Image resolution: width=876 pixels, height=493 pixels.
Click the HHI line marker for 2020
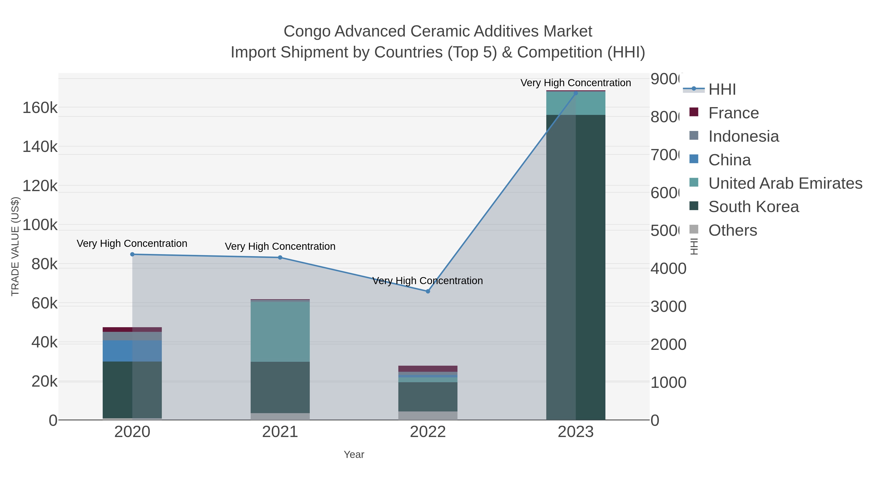tap(132, 254)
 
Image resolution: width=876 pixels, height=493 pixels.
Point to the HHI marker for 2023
tap(575, 93)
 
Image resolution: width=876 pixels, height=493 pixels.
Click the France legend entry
tap(733, 113)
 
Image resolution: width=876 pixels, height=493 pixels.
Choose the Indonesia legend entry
tap(743, 136)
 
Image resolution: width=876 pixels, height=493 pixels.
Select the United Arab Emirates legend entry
tap(785, 183)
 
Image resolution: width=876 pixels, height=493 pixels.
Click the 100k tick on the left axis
tap(40, 225)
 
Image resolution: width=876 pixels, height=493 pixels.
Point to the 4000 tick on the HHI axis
tap(668, 269)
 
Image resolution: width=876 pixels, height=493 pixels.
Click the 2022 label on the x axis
tap(428, 432)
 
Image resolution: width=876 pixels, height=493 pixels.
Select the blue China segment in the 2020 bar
tap(117, 351)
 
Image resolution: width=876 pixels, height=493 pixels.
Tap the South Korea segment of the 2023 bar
tap(590, 267)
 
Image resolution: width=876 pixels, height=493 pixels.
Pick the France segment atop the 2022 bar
tap(428, 369)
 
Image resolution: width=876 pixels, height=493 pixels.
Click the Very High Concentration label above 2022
tap(428, 281)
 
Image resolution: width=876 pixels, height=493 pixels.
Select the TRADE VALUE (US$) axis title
tap(15, 246)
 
